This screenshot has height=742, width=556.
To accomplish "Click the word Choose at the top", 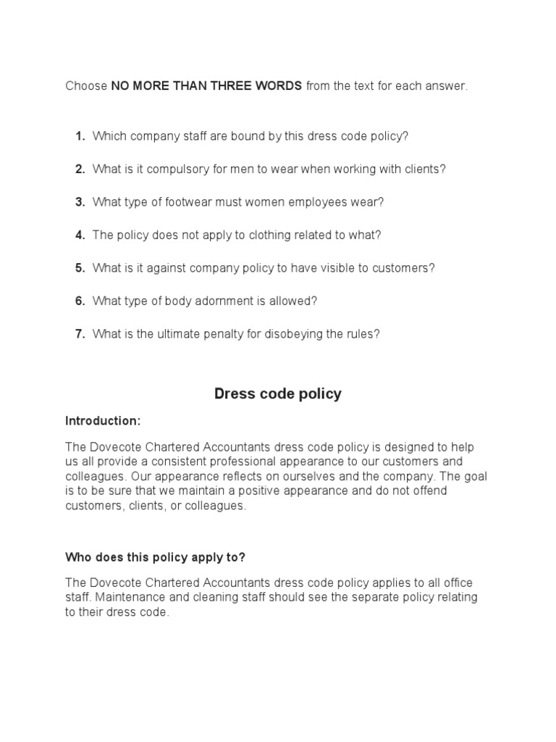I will coord(86,86).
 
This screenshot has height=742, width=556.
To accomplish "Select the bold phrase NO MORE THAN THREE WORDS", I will coord(206,86).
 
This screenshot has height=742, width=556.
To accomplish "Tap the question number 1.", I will coord(80,136).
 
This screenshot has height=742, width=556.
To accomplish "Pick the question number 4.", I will coord(80,235).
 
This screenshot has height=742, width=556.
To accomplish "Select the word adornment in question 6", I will coord(209,301).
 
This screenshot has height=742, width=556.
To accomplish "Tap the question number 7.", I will coord(80,334).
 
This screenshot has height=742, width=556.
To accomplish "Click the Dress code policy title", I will coord(278,394).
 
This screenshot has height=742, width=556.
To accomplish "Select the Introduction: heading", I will coord(103,421).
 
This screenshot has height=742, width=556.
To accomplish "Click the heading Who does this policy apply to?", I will coord(156,556).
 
